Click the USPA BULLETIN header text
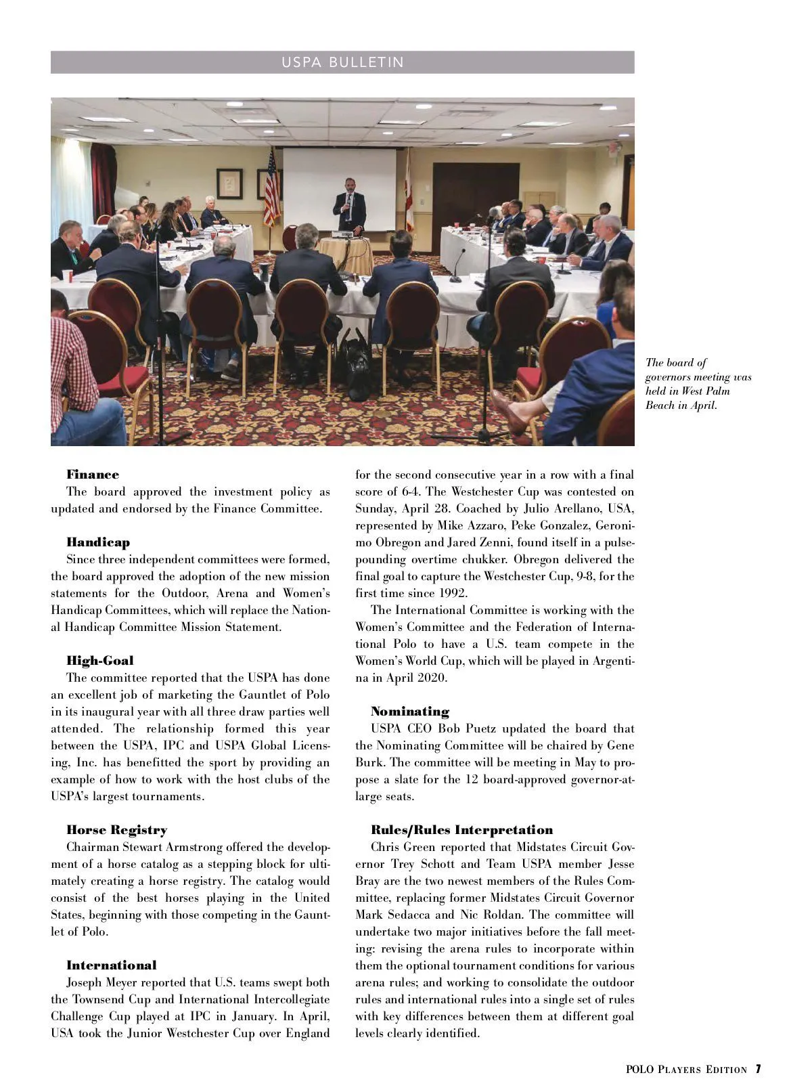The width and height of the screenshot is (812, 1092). (x=342, y=62)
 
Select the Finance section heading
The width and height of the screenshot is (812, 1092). (x=93, y=475)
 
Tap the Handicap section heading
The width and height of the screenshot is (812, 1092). (x=98, y=542)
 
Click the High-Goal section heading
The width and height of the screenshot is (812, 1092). (x=100, y=661)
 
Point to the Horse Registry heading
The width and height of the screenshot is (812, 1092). (x=116, y=830)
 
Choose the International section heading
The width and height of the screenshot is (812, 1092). (x=112, y=965)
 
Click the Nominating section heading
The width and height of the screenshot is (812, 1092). (x=410, y=712)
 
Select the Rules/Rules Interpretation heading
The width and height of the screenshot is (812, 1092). (x=462, y=830)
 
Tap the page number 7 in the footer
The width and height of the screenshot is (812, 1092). (x=759, y=1070)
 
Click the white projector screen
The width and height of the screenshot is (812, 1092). (x=338, y=183)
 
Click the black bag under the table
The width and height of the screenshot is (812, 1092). (x=356, y=366)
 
